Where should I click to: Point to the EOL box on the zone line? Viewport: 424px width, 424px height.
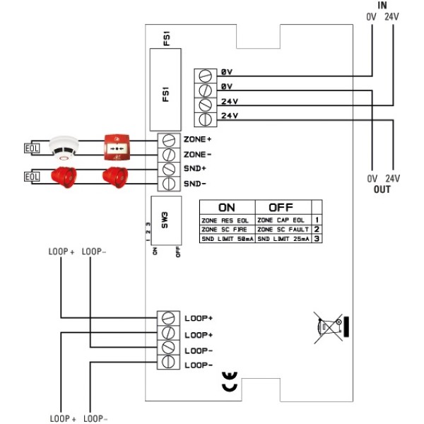pos(32,148)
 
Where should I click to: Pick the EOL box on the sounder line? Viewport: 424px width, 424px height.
pos(32,176)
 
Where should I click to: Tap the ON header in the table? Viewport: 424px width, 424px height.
pos(226,208)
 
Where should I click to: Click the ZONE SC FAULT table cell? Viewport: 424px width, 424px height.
pos(283,230)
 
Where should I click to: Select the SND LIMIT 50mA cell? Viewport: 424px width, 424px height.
pos(226,239)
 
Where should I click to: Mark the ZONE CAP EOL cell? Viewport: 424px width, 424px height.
pos(283,220)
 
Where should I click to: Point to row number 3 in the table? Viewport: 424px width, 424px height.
pos(318,239)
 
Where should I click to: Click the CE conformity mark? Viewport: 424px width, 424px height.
pos(230,382)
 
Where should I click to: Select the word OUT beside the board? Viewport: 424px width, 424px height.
pos(382,190)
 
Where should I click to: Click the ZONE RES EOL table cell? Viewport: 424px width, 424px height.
pos(226,220)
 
